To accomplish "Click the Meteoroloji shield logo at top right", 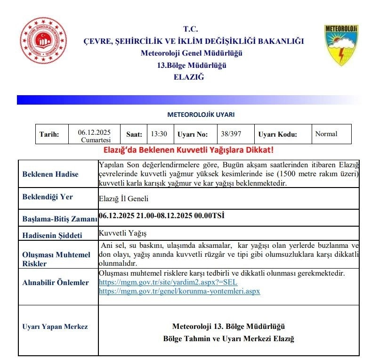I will [x=341, y=45].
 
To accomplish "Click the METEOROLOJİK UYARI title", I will [x=201, y=115].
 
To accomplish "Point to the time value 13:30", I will [x=159, y=134].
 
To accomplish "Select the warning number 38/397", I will [x=231, y=134].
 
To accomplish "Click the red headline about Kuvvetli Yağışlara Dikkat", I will [x=188, y=150].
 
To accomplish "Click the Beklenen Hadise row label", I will [x=50, y=174].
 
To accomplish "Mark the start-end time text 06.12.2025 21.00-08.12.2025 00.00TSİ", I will [x=161, y=216].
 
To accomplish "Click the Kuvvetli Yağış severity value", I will [x=120, y=233].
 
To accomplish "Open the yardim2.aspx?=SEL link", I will [x=168, y=282].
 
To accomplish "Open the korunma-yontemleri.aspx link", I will [x=179, y=291].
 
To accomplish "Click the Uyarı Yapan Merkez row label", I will [x=55, y=327].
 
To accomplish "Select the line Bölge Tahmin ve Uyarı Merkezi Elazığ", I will [x=228, y=339].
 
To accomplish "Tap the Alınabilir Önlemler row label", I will [x=55, y=283].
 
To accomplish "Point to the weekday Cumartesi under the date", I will [x=94, y=140].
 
